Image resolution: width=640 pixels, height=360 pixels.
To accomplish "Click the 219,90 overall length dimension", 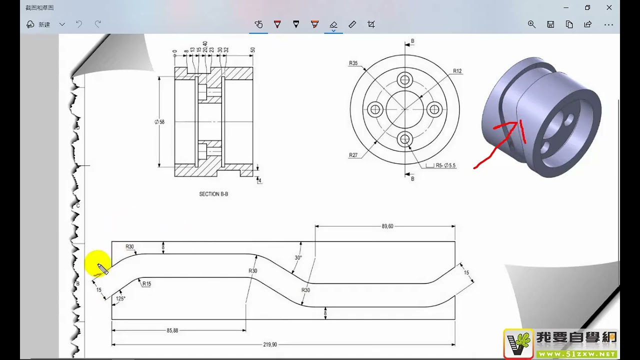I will tap(270, 344).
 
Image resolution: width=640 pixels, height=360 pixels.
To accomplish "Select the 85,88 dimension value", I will tap(172, 330).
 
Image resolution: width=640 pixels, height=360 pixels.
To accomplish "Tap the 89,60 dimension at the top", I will tap(387, 226).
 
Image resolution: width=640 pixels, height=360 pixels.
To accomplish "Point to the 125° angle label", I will tap(120, 298).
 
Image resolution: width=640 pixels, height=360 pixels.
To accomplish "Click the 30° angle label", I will tap(298, 258).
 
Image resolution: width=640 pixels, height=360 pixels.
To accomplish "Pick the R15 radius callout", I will tap(146, 284).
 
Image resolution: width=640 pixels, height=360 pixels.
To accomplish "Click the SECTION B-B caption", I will tap(213, 194).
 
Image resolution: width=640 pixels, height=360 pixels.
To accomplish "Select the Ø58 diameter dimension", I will tap(160, 122).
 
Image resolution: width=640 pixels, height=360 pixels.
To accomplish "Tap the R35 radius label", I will tap(353, 63).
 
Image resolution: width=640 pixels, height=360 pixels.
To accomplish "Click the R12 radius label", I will tap(457, 71).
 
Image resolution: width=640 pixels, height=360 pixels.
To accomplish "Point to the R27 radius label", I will tap(353, 155).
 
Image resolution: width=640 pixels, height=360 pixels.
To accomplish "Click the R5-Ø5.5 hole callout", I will tap(445, 165).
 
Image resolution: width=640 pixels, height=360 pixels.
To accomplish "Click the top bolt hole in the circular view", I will tap(405, 79).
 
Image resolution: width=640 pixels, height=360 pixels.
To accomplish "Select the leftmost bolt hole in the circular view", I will tap(374, 109).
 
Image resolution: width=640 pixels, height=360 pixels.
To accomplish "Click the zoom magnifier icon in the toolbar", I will tap(531, 24).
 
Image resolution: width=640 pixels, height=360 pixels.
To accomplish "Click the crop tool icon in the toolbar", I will tap(371, 24).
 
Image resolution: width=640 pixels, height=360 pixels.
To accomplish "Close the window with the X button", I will tap(609, 7).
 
